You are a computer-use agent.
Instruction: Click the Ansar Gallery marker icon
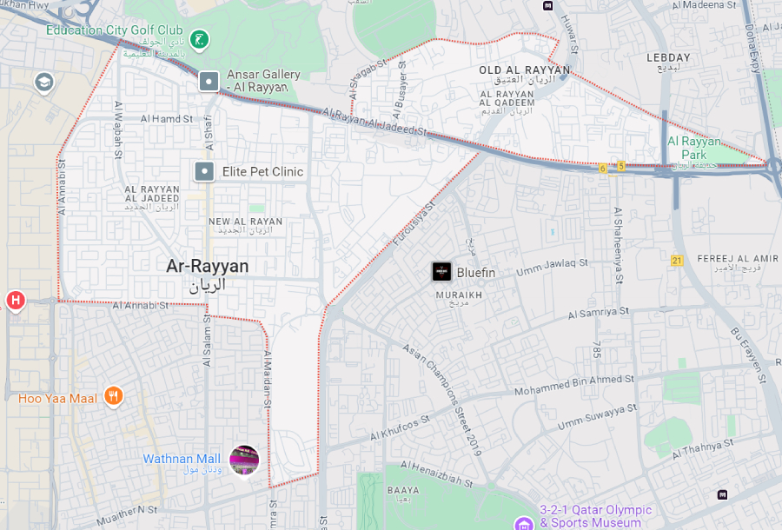tap(209, 82)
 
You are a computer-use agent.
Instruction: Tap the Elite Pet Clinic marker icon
tap(204, 171)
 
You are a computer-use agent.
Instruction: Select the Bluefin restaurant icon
tap(442, 272)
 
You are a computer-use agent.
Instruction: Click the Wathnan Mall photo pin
tap(244, 459)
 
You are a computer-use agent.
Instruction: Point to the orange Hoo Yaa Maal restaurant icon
tap(113, 397)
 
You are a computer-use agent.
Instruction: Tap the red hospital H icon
tap(15, 301)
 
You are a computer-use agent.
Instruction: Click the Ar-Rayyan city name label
tap(207, 267)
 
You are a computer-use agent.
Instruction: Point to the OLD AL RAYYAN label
tap(525, 70)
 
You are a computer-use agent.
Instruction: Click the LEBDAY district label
tap(668, 57)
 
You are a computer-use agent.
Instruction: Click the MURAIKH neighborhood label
tap(453, 295)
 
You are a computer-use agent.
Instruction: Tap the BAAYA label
tap(402, 491)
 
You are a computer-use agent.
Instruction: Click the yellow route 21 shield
tap(678, 260)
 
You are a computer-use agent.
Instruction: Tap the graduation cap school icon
tap(43, 83)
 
